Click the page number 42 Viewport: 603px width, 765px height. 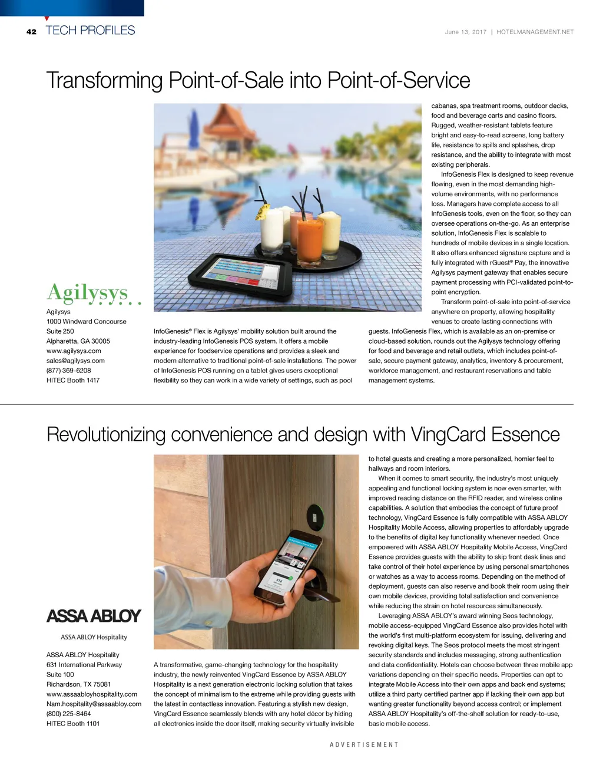[31, 32]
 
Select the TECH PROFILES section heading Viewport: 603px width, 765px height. [90, 31]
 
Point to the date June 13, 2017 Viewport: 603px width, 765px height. [465, 32]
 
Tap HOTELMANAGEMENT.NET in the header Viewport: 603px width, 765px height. [535, 32]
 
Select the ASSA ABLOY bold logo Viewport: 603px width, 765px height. [94, 616]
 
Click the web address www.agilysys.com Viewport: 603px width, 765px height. [74, 351]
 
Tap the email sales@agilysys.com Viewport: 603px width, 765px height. [75, 361]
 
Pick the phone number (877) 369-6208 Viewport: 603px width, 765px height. [68, 371]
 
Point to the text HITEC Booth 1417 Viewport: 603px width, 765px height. [73, 380]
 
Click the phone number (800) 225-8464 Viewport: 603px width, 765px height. [68, 714]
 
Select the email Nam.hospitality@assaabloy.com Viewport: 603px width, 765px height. [94, 704]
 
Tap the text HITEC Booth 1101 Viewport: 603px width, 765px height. [73, 724]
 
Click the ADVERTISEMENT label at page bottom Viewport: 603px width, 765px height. [364, 745]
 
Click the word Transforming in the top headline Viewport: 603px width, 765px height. [104, 81]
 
